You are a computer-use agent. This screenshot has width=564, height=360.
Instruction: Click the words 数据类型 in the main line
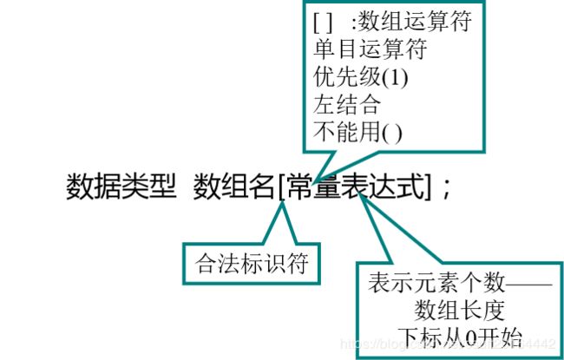coord(121,187)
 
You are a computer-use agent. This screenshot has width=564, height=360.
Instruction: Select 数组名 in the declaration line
coord(233,187)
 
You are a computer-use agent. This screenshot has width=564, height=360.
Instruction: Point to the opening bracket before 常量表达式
coord(282,187)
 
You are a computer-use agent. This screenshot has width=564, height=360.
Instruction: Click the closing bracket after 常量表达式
coord(427,187)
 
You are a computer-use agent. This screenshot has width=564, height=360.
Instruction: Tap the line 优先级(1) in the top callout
coord(360,76)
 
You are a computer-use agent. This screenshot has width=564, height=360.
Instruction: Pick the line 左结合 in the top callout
coord(339,104)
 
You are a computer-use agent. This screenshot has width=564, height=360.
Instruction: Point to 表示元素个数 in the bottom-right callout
coord(421,283)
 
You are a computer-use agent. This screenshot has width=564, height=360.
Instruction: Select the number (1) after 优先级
coord(396,76)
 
